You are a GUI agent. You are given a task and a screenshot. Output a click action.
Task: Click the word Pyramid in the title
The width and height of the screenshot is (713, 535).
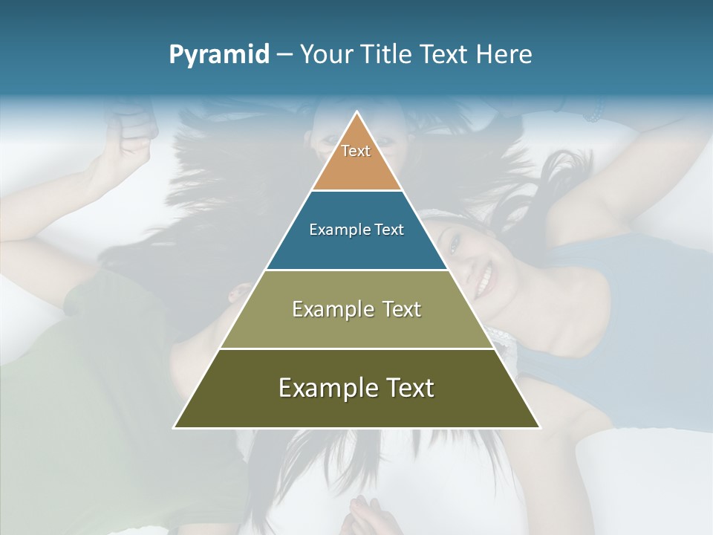218,55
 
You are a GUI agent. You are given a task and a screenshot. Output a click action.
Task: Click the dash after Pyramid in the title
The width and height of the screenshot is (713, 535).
284,56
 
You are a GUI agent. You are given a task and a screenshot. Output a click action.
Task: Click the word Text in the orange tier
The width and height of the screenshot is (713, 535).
356,151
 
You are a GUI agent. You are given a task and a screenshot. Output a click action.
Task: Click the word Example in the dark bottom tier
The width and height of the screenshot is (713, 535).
323,388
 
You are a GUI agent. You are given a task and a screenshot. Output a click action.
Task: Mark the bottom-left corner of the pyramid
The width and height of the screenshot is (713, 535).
175,427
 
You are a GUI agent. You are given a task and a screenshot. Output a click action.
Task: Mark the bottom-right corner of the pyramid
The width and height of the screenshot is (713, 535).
539,427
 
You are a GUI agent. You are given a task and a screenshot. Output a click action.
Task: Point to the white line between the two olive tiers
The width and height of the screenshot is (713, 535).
356,348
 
